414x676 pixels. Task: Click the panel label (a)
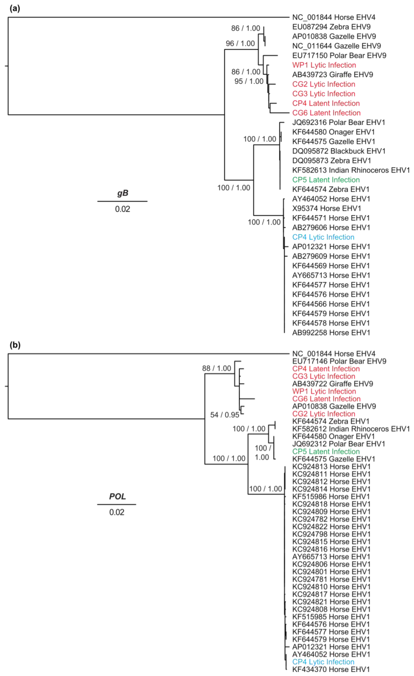click(15, 8)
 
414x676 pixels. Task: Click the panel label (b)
click(15, 345)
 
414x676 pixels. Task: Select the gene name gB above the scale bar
click(122, 193)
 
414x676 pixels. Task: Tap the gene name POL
click(117, 496)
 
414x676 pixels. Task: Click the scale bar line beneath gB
click(122, 201)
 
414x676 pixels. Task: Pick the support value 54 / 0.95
click(224, 415)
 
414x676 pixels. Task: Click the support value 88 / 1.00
click(216, 368)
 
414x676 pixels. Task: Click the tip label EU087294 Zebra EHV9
click(331, 27)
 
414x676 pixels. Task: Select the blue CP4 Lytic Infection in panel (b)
click(323, 662)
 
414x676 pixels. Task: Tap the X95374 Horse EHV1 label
click(327, 208)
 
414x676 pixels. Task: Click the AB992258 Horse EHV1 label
click(331, 333)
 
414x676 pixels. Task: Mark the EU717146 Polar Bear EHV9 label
click(339, 361)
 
